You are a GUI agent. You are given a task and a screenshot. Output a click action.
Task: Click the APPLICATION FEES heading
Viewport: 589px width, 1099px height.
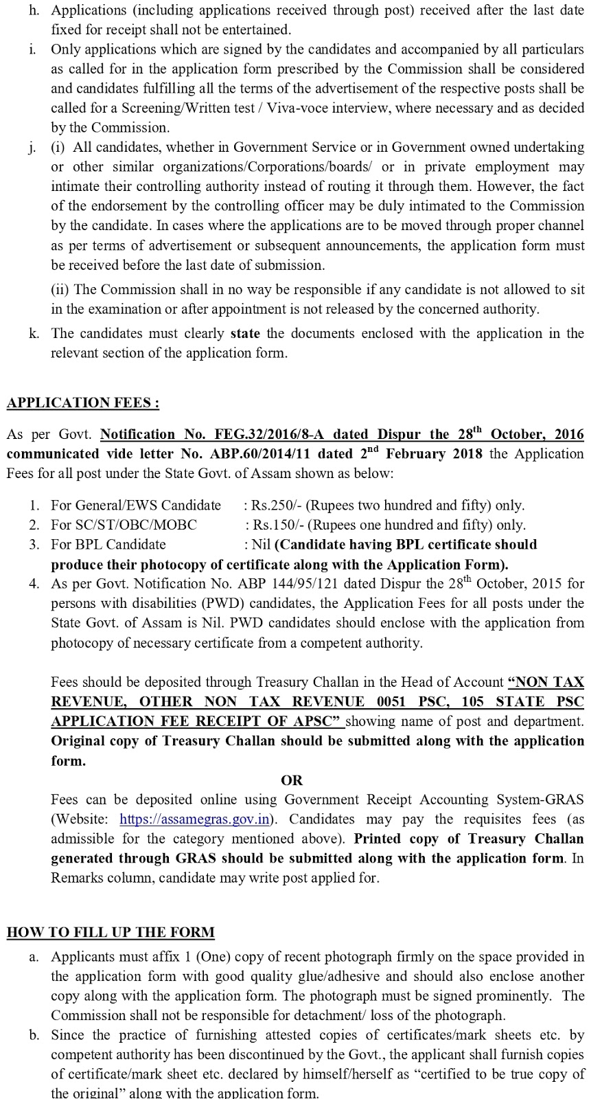(x=82, y=403)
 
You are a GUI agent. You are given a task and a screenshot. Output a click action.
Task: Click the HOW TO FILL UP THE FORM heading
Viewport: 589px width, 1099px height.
(x=111, y=932)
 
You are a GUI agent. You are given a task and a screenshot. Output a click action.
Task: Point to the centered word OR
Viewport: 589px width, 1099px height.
(x=292, y=780)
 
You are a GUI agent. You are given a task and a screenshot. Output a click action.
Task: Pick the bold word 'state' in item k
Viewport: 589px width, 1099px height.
(x=245, y=333)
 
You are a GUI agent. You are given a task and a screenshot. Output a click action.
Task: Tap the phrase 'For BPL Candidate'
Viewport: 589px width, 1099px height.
(x=108, y=545)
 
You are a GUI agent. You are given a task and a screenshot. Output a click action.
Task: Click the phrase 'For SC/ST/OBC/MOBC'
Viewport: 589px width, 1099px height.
(x=124, y=525)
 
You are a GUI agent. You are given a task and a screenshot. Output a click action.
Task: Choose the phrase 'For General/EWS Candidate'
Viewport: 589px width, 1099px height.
(x=136, y=506)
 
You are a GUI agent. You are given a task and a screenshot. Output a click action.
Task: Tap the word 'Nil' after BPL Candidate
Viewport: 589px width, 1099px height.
(x=261, y=545)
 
